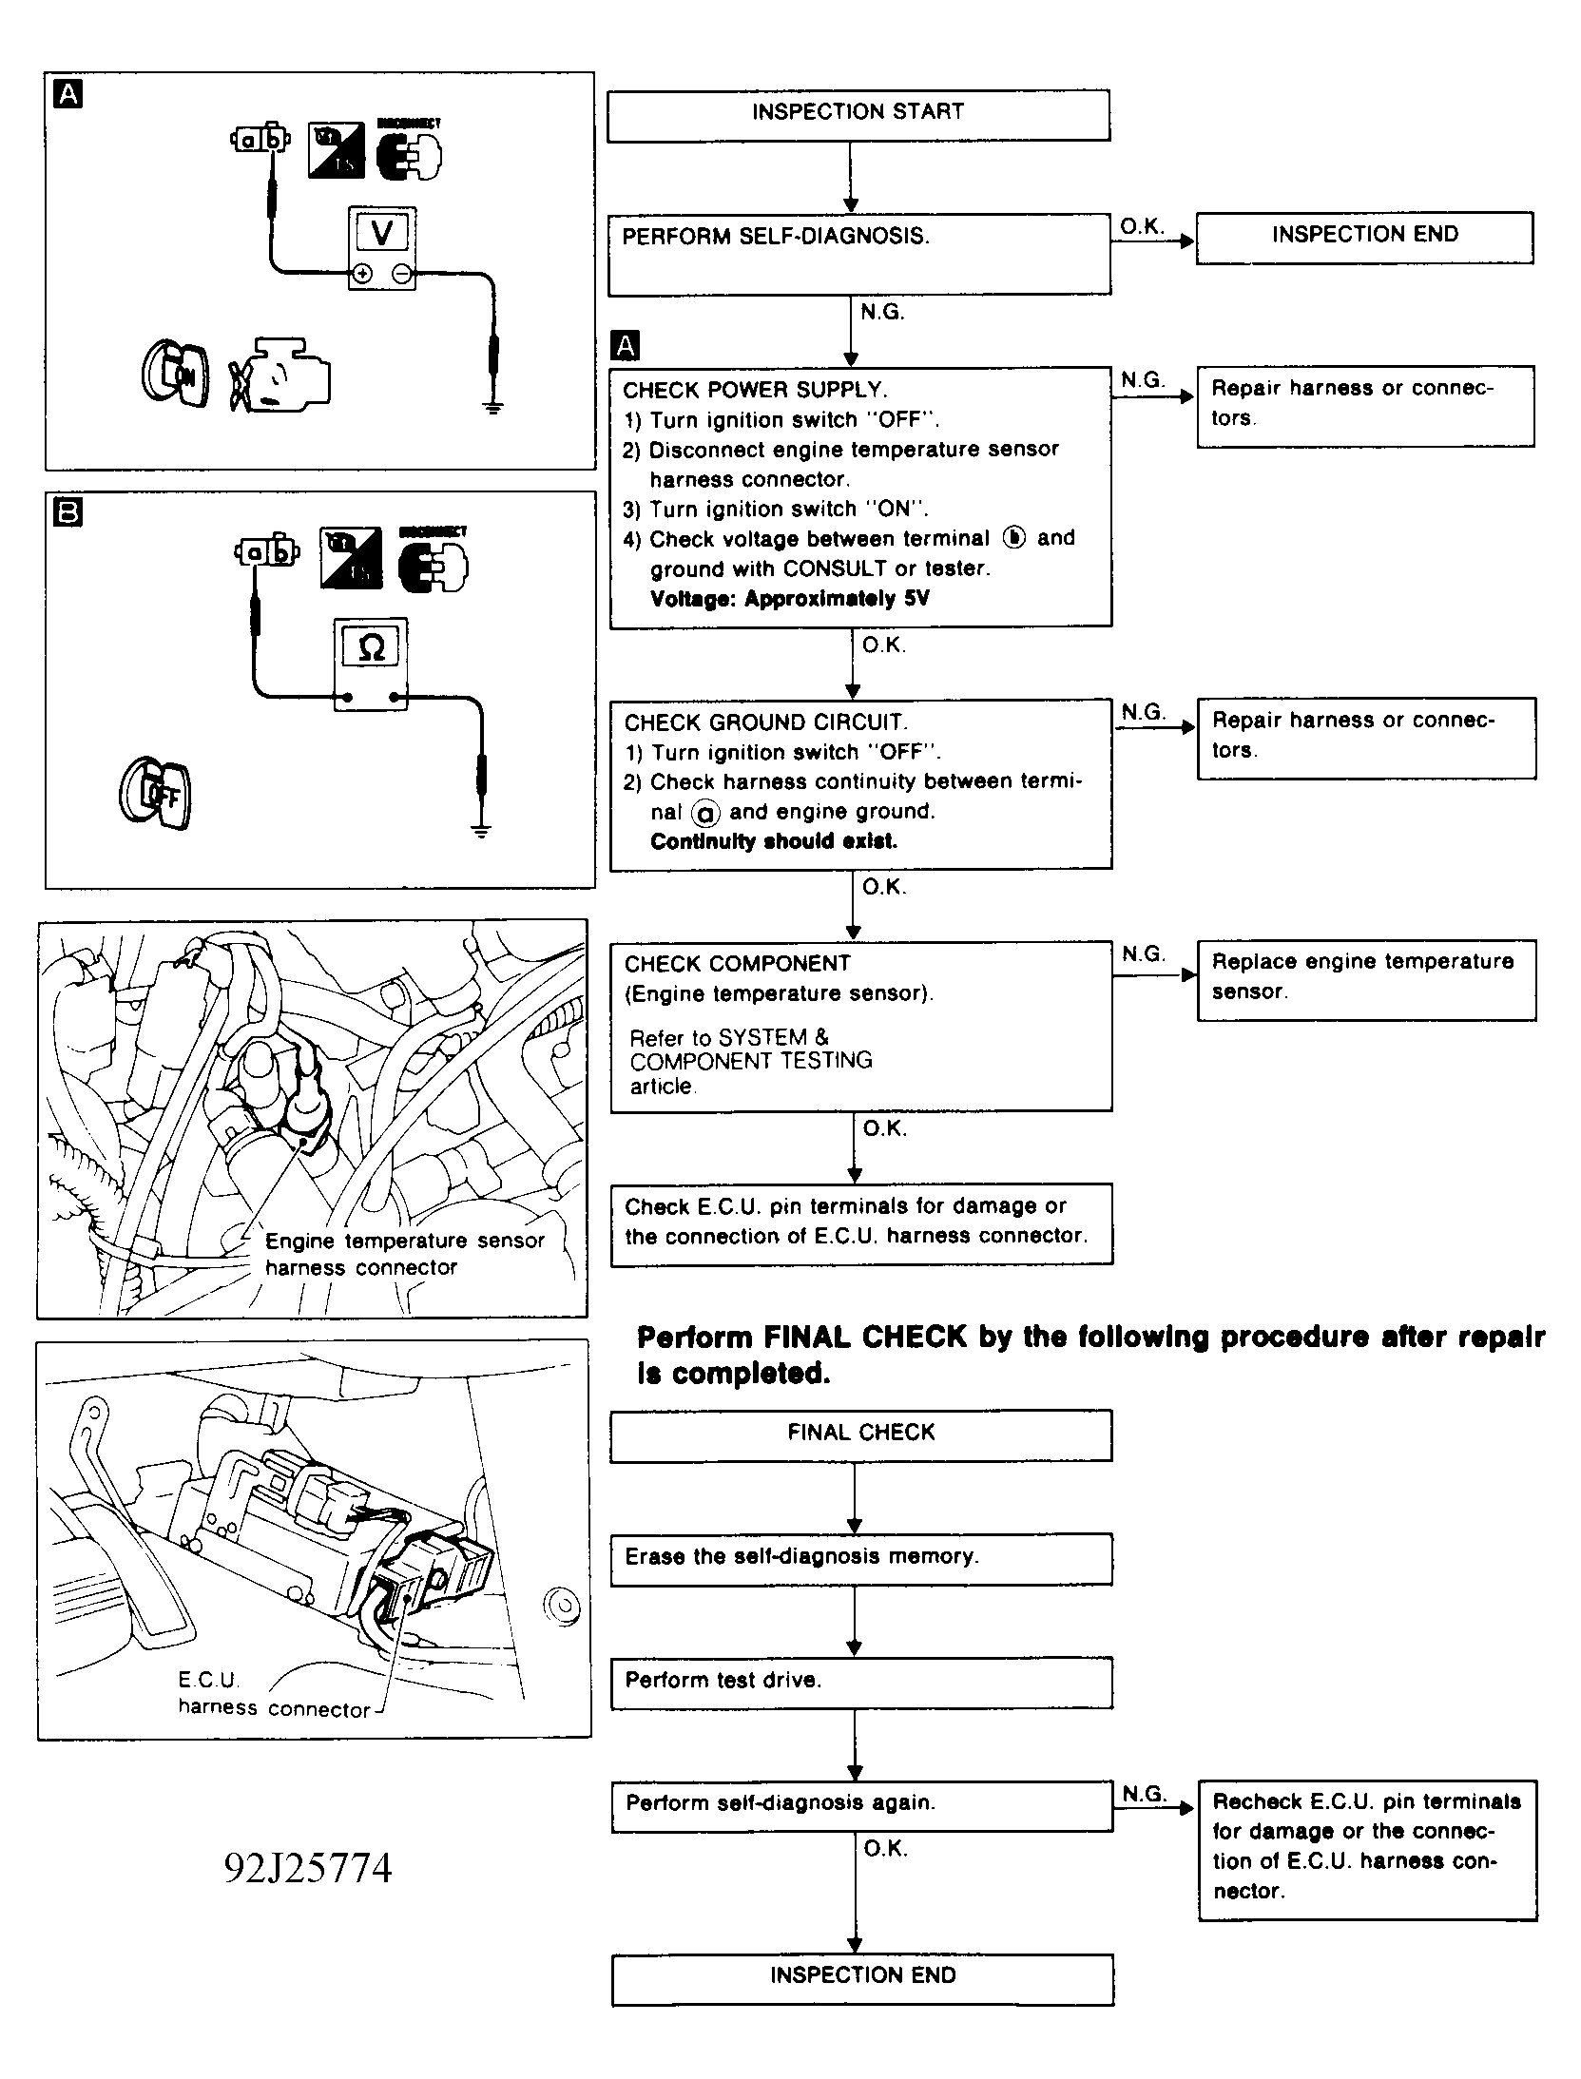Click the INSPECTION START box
[858, 115]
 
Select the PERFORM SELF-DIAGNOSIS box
[858, 253]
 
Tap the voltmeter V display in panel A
[381, 232]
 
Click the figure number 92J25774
[308, 1868]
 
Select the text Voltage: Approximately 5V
[789, 599]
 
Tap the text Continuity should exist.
[773, 841]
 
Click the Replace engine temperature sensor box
[1365, 980]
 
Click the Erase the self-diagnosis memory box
[860, 1558]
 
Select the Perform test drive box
[860, 1681]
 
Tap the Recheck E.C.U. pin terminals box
[1366, 1849]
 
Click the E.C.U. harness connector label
[274, 1694]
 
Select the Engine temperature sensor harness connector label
[404, 1254]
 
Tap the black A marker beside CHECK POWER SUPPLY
[626, 346]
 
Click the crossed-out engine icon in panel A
[278, 375]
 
